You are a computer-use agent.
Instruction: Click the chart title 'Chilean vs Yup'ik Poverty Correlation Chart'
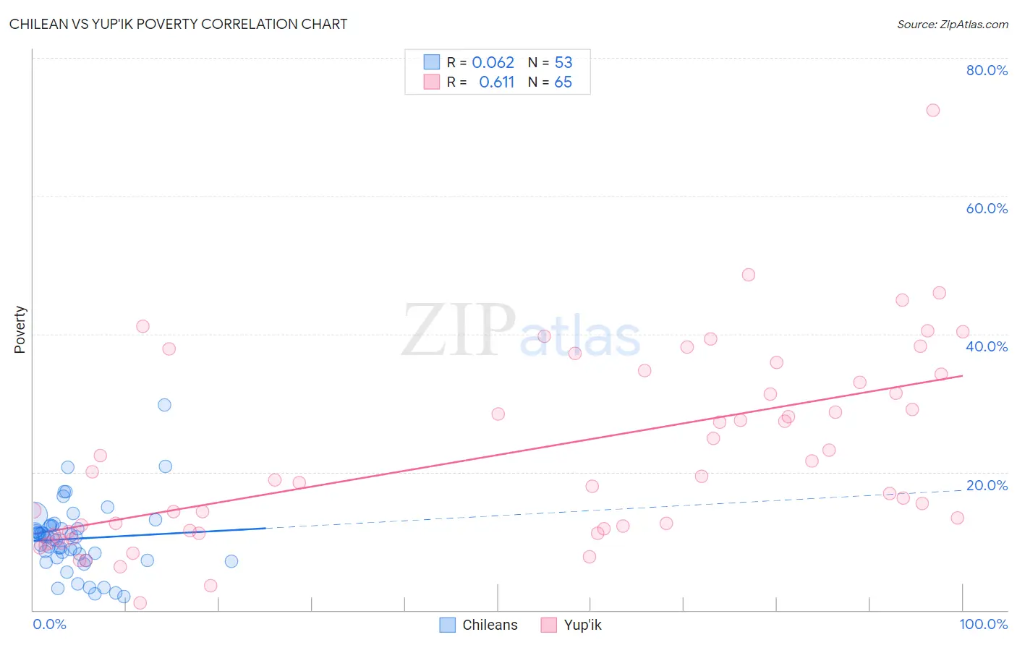coord(178,24)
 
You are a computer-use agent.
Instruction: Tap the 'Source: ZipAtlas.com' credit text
coord(952,24)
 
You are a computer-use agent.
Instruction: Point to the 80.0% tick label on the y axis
coord(987,70)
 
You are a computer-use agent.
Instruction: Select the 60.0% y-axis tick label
coord(987,208)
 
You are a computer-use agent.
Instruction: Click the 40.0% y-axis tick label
coord(987,346)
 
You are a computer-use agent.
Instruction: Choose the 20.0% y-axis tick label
coord(987,485)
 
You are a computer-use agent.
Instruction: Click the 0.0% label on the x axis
coord(49,624)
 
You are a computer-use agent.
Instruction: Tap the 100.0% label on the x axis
coord(983,624)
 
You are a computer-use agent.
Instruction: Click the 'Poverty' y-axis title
coord(20,330)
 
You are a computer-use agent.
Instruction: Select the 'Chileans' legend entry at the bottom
coord(490,625)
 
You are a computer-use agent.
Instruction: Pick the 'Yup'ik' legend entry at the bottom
coord(582,625)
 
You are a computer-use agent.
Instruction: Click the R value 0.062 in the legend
coord(493,62)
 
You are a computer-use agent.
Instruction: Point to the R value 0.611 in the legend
coord(496,82)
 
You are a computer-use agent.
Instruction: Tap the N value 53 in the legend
coord(563,62)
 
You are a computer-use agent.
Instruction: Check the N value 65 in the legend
coord(563,82)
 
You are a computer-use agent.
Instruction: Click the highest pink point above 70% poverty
coord(932,110)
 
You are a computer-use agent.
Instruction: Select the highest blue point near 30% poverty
coord(164,405)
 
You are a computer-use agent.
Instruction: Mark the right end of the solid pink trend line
coord(962,376)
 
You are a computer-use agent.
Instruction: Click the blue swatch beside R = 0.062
coord(432,62)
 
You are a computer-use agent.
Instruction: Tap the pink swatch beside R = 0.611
coord(432,82)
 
